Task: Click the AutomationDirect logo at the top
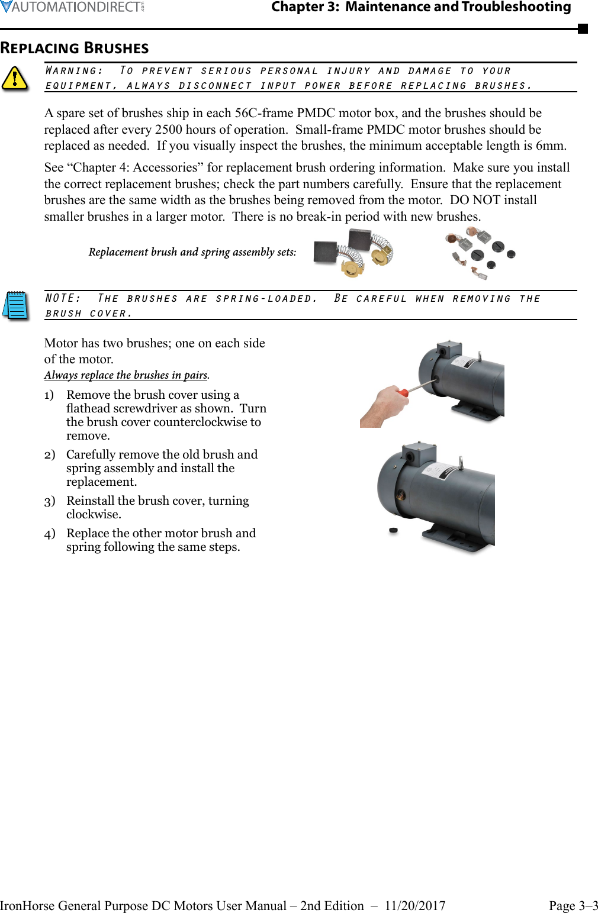[72, 7]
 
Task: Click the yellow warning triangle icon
[15, 79]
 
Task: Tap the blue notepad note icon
[16, 305]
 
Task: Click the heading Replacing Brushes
[75, 49]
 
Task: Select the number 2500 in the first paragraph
[172, 130]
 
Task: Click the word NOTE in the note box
[62, 298]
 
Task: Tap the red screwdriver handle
[403, 392]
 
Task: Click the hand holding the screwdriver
[383, 406]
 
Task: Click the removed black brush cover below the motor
[393, 530]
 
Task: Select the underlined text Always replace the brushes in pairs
[126, 375]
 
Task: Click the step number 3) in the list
[50, 501]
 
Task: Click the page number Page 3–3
[573, 906]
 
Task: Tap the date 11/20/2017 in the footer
[414, 906]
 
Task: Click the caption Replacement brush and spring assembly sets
[192, 252]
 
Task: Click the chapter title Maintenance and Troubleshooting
[458, 7]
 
